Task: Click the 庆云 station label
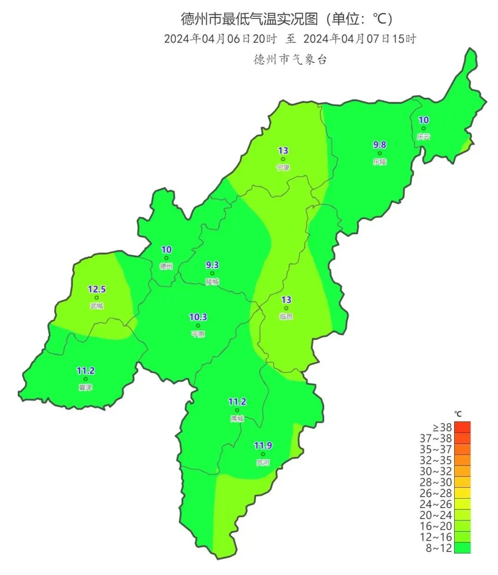tap(423, 137)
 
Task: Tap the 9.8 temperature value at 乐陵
tap(379, 145)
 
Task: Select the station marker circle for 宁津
tap(283, 159)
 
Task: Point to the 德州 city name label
tap(166, 266)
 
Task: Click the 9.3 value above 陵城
tap(212, 265)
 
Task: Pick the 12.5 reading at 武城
tap(97, 290)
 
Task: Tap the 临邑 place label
tap(286, 316)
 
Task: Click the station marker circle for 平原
tap(198, 326)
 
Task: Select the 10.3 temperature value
tap(198, 317)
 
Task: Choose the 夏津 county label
tap(85, 387)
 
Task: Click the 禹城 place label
tap(237, 418)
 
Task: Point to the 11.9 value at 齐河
tap(263, 446)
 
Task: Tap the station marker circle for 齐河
tap(263, 454)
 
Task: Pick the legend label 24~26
tap(436, 504)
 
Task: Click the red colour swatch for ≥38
tap(462, 427)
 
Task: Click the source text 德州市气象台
tap(290, 60)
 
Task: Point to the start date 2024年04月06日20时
tap(220, 39)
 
